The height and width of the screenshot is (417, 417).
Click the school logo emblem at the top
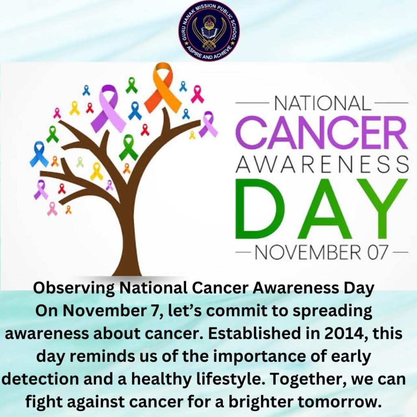tap(209, 31)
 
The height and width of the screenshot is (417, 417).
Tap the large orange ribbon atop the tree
tap(163, 88)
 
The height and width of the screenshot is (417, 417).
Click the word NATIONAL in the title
tap(322, 103)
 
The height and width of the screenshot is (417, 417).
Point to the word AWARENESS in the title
tap(322, 164)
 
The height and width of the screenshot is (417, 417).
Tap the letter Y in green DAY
tap(382, 209)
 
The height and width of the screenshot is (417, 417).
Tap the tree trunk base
tap(127, 267)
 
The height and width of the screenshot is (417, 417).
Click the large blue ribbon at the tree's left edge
tap(39, 154)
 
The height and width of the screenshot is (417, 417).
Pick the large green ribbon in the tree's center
tap(129, 147)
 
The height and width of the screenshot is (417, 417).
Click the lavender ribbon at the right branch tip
tap(208, 124)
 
